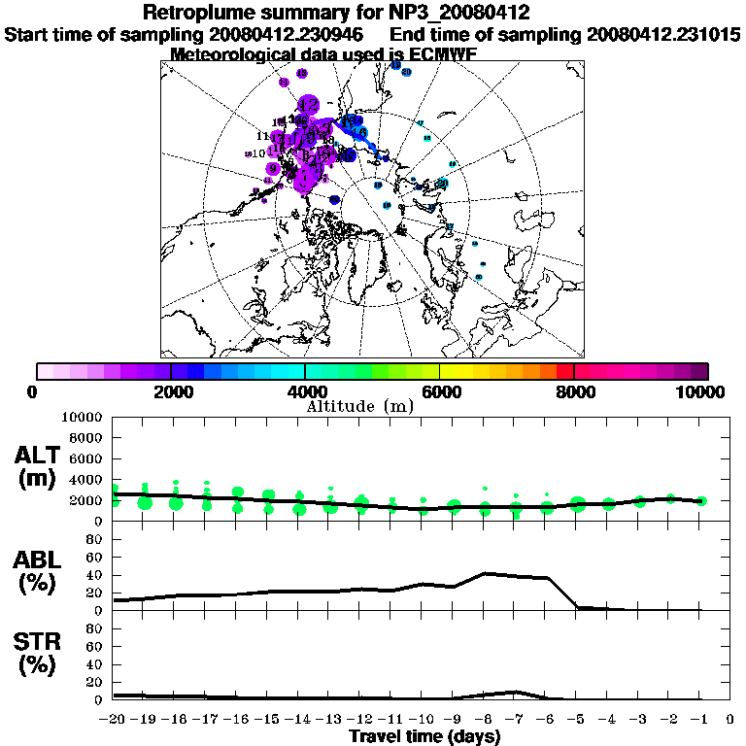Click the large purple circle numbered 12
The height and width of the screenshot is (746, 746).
(x=309, y=104)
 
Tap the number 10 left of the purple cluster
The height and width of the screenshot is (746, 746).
(x=258, y=153)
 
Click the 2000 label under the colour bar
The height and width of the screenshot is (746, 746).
(x=169, y=391)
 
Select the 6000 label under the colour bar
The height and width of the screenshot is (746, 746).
(x=439, y=391)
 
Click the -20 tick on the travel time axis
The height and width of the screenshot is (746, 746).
(x=113, y=720)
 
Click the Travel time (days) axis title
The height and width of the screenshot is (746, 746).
(x=424, y=736)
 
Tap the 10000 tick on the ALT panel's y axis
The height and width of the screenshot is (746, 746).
(x=81, y=417)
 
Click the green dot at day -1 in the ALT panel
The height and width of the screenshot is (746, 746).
(x=701, y=501)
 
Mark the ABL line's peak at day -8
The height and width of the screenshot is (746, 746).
(x=484, y=573)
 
